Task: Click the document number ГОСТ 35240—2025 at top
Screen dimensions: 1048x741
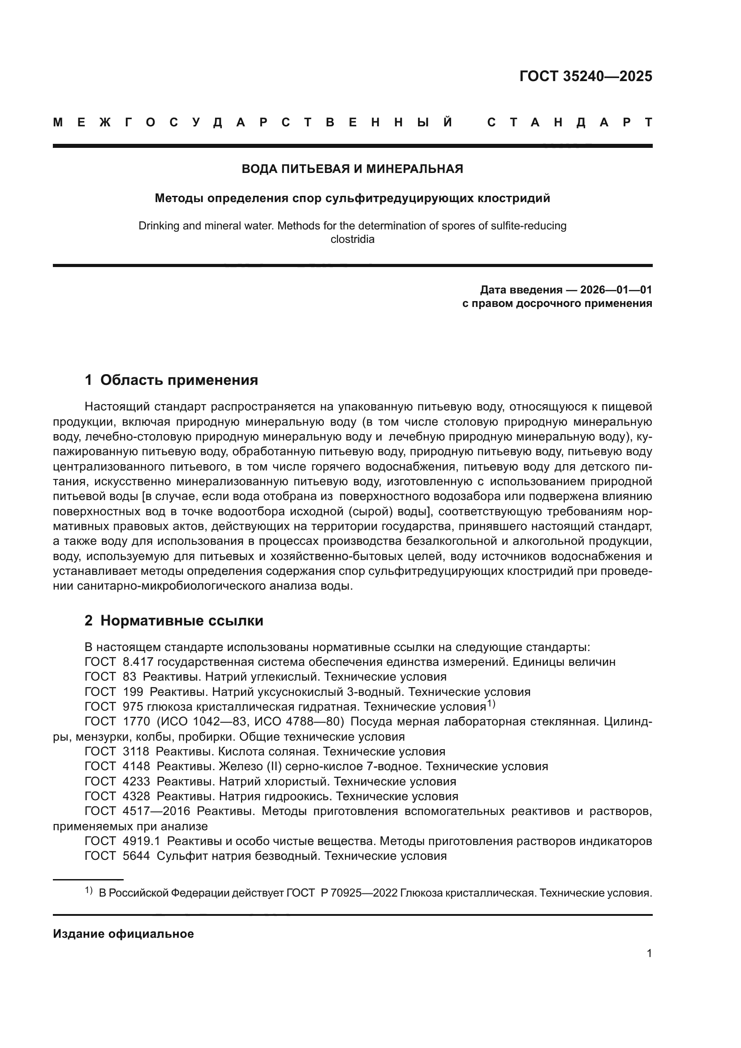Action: click(x=586, y=76)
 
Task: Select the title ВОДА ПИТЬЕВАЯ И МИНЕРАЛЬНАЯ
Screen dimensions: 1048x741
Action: click(x=352, y=169)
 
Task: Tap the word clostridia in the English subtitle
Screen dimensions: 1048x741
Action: click(x=352, y=240)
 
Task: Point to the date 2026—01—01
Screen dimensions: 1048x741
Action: click(x=616, y=290)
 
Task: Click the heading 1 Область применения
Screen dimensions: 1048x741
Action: click(x=171, y=380)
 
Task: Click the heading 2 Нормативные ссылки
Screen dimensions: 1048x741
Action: click(x=174, y=621)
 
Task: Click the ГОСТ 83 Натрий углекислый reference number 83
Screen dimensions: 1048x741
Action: click(x=129, y=677)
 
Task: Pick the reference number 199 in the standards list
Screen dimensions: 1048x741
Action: click(x=133, y=692)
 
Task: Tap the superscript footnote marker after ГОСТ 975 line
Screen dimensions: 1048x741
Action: click(x=491, y=704)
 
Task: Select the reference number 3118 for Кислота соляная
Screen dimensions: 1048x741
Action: click(x=136, y=752)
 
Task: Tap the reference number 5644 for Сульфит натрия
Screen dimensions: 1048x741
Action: click(x=136, y=856)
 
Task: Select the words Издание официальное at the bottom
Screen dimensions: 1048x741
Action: click(x=123, y=934)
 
